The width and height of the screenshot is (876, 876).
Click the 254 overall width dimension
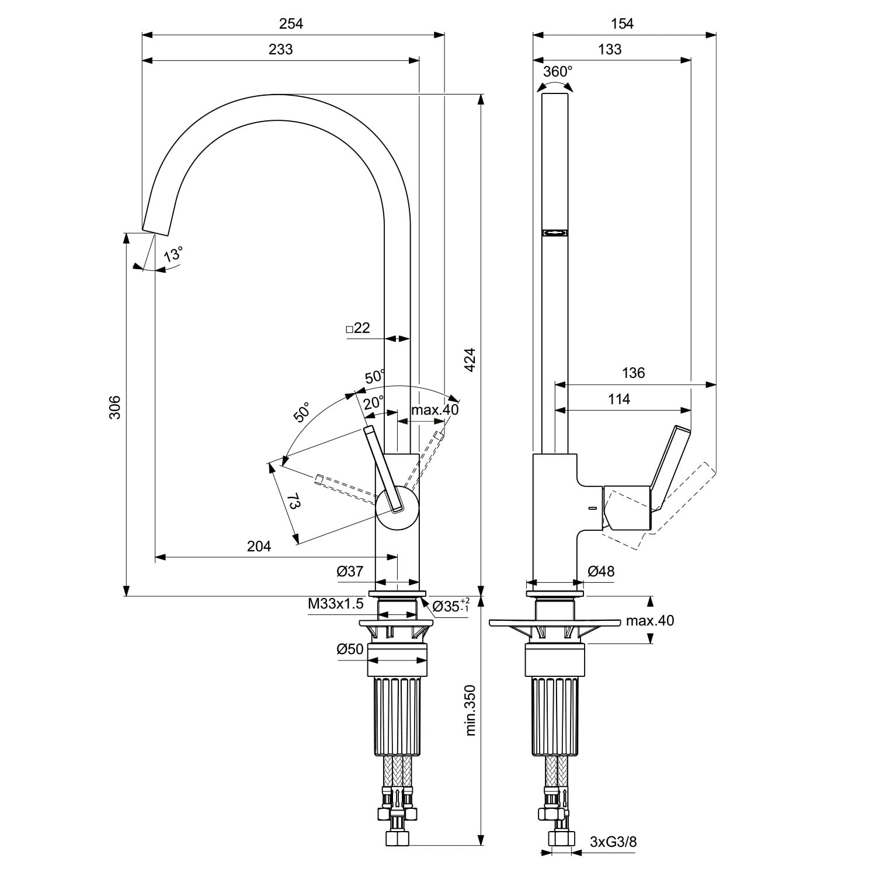pos(291,23)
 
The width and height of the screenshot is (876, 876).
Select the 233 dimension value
pos(280,49)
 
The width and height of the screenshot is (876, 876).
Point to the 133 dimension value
pos(610,49)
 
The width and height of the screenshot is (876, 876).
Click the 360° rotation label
pos(558,72)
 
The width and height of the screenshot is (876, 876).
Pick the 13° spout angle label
pos(173,255)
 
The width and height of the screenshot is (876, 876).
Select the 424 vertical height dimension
pos(470,360)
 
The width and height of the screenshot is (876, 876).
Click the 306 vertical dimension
pos(115,406)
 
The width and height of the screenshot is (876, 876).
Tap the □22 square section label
pos(358,328)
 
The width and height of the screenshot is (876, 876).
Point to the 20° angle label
pos(374,402)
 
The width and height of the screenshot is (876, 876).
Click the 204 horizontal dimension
pos(259,546)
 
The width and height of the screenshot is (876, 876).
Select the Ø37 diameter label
pos(350,571)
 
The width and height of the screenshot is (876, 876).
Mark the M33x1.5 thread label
pos(336,604)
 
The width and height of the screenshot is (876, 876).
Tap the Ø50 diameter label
pos(350,649)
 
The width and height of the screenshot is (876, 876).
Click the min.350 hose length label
pos(470,710)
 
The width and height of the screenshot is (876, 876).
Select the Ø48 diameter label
pos(601,571)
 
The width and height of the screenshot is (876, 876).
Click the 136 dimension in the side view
pos(633,373)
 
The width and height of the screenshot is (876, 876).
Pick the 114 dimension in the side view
pos(619,399)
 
